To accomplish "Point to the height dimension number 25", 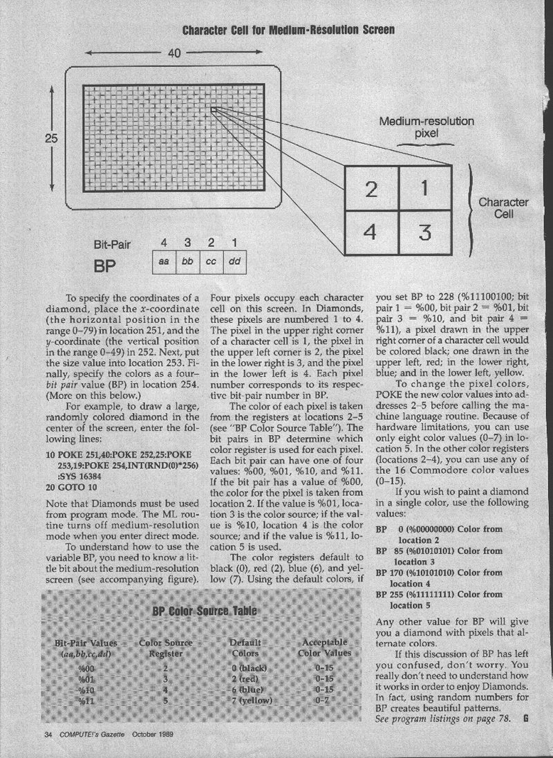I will [x=51, y=138].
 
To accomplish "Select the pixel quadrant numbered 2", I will [x=371, y=189].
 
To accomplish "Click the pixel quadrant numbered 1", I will [x=425, y=188].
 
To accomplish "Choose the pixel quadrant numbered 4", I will [x=371, y=232].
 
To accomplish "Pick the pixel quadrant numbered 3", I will [x=425, y=233].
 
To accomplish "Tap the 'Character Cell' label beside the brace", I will [x=503, y=208].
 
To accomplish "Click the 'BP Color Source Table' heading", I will [x=205, y=611].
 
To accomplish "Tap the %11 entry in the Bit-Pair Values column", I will [x=86, y=700].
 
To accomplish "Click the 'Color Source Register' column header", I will [x=166, y=647].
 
